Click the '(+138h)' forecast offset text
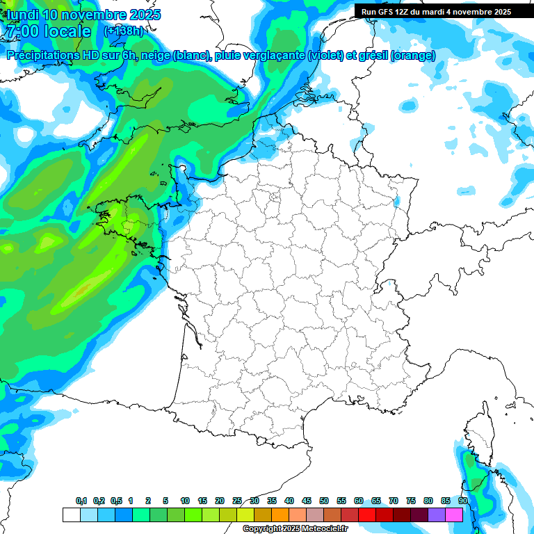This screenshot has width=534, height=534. point(123,31)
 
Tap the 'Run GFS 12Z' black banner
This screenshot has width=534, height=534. point(433,11)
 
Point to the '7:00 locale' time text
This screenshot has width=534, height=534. point(47,31)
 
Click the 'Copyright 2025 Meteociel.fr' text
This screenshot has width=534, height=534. point(296,529)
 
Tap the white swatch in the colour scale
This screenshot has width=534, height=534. point(71,515)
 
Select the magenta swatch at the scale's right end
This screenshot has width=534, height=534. point(454,515)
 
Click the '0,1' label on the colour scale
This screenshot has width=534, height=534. point(81,501)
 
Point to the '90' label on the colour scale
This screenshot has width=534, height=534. point(463,501)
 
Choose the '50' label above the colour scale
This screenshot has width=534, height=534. point(324,501)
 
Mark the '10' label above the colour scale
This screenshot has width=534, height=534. point(185,501)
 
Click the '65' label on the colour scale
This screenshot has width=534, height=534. point(376,501)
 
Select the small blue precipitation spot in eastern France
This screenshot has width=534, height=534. point(397,202)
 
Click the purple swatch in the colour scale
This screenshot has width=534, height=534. point(437,515)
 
